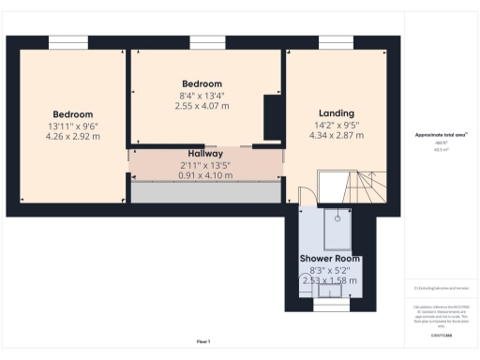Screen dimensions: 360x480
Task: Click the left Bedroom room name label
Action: pyautogui.click(x=72, y=114)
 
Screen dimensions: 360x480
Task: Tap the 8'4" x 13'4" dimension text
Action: pyautogui.click(x=202, y=95)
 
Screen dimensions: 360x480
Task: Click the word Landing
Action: pyautogui.click(x=336, y=113)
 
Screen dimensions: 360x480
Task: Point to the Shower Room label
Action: pyautogui.click(x=329, y=258)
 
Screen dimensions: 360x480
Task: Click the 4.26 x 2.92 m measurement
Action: pyautogui.click(x=72, y=137)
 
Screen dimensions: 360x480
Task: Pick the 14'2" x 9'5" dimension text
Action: pyautogui.click(x=336, y=125)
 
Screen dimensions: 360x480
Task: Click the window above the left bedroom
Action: pyautogui.click(x=67, y=40)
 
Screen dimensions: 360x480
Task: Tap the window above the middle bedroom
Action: pyautogui.click(x=204, y=40)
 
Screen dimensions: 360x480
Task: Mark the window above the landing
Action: pyautogui.click(x=335, y=40)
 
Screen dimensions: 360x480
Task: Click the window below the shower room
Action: pyautogui.click(x=329, y=305)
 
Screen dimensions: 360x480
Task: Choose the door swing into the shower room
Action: pyautogui.click(x=304, y=196)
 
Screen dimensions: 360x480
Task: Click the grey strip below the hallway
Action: pyautogui.click(x=205, y=192)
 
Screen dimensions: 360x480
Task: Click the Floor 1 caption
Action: pyautogui.click(x=203, y=341)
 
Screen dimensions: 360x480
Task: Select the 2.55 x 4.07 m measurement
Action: pyautogui.click(x=202, y=106)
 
